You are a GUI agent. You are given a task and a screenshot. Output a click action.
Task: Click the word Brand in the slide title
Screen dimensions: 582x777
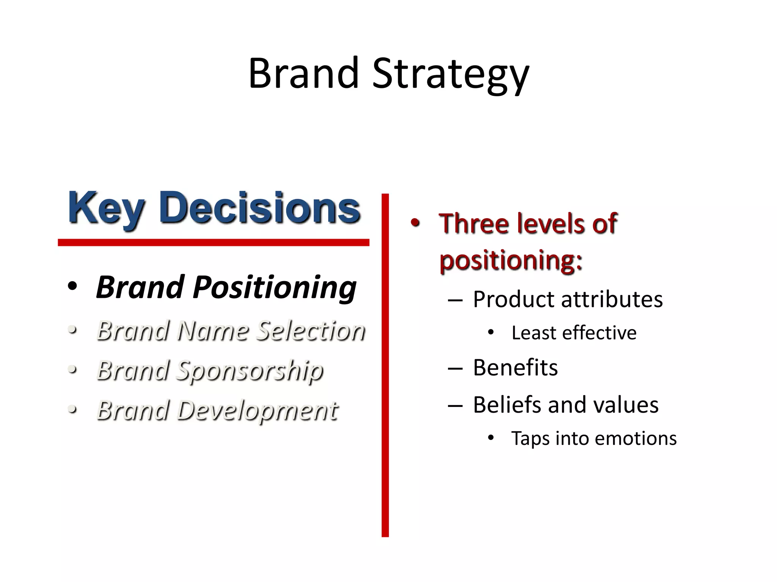point(303,73)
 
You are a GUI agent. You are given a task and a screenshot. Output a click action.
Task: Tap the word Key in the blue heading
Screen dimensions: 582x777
point(106,209)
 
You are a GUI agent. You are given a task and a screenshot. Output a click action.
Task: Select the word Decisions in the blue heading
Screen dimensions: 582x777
point(260,208)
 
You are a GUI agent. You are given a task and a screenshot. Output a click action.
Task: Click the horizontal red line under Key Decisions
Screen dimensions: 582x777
point(213,242)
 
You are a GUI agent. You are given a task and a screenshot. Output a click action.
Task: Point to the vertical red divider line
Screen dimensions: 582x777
point(385,364)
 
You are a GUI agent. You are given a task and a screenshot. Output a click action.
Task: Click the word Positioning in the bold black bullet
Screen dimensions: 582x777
point(274,287)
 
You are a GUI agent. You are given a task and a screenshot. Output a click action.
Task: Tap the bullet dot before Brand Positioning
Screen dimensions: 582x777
point(72,287)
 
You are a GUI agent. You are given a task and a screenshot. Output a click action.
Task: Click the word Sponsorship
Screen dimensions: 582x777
point(250,371)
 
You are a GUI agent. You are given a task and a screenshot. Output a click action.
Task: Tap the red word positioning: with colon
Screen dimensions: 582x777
point(511,260)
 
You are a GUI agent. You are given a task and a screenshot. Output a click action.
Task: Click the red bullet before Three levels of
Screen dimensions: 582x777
point(415,223)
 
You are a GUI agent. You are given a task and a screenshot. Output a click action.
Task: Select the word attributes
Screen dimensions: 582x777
point(611,299)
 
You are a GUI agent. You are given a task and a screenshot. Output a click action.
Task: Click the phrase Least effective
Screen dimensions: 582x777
point(573,333)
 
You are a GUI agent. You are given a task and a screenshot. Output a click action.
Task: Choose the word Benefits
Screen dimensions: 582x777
point(515,368)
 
